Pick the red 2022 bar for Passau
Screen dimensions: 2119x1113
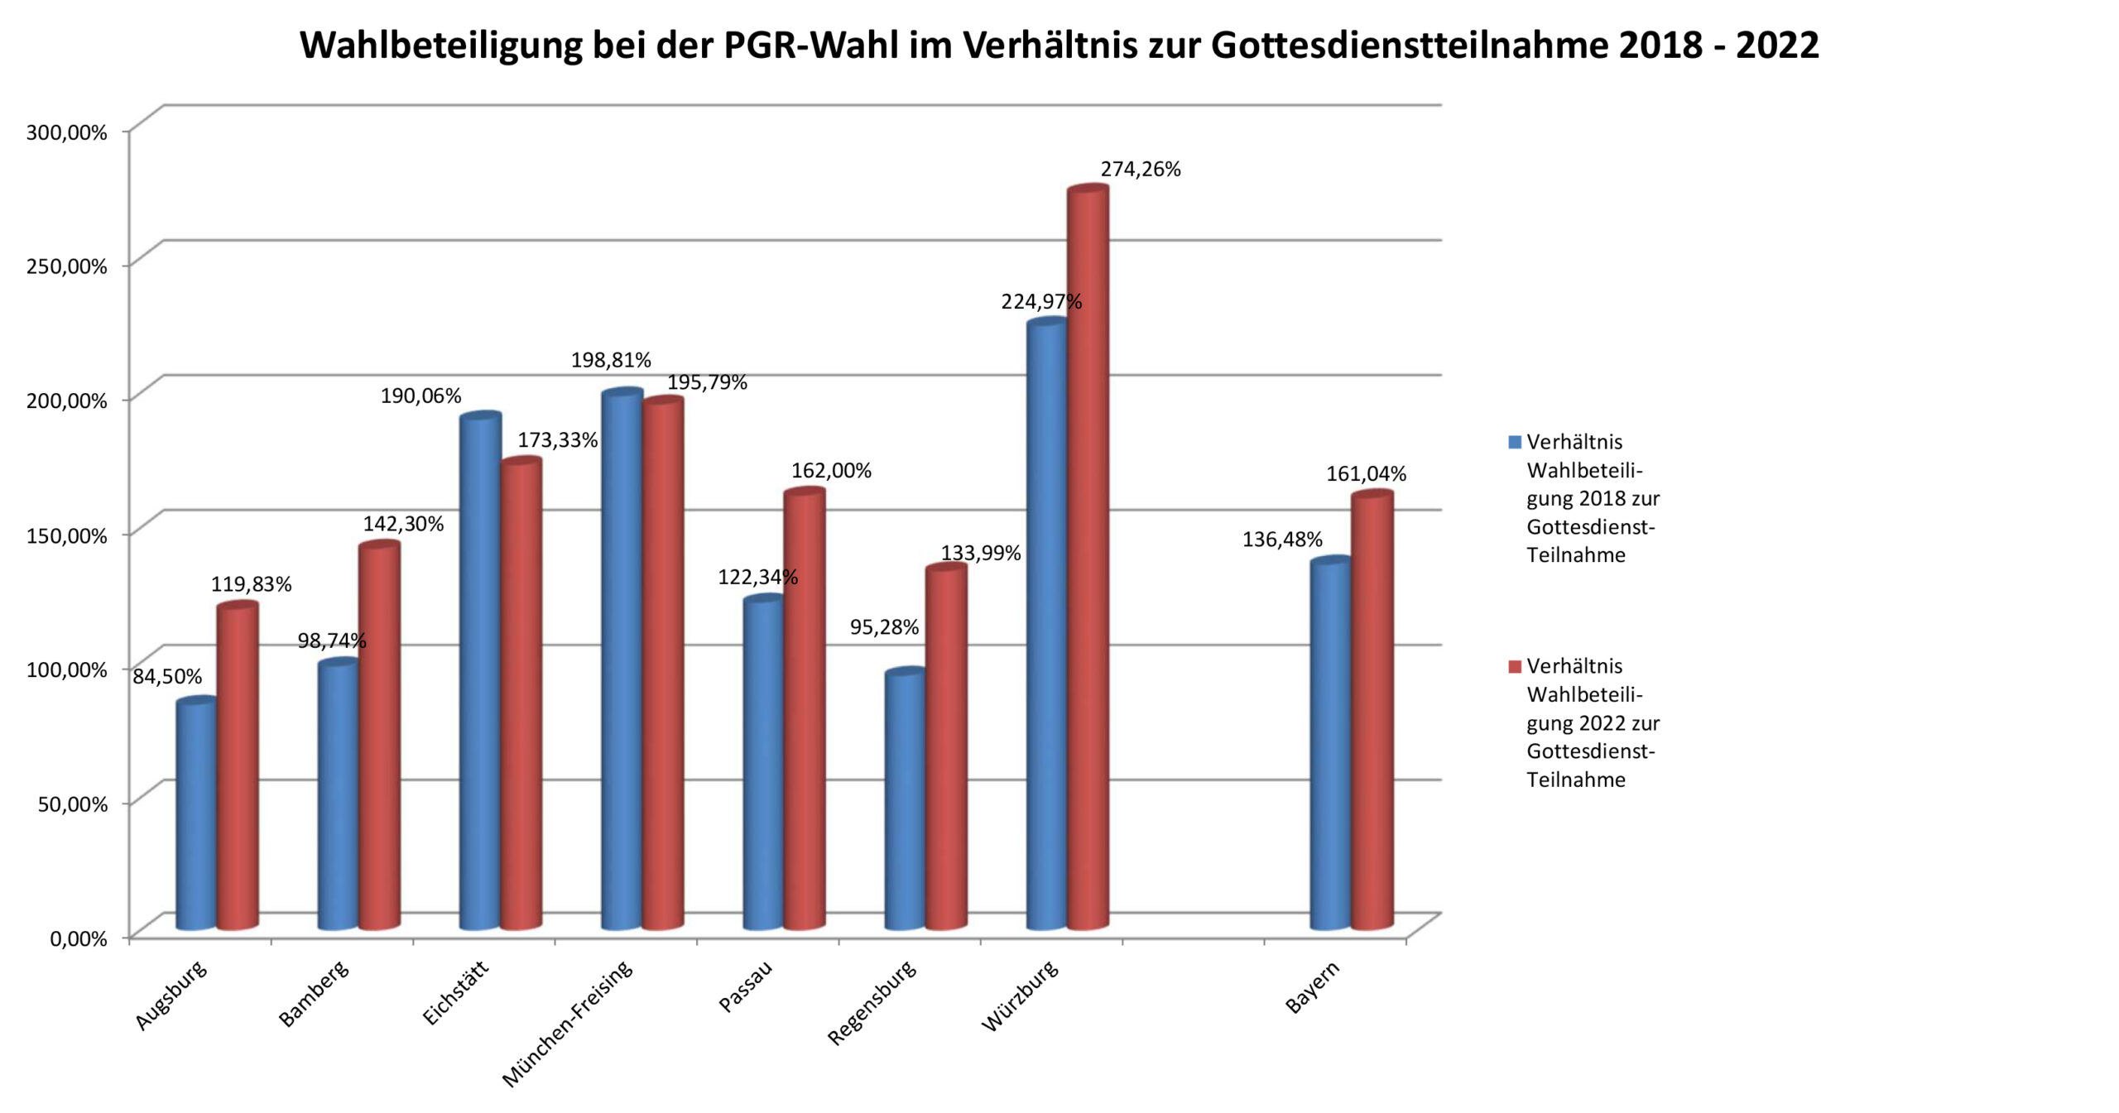(805, 708)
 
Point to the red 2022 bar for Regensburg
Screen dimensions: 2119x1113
(946, 746)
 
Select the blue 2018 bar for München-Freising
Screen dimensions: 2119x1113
(622, 659)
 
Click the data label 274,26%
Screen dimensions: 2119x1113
(1140, 169)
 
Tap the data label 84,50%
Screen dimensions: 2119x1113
(167, 676)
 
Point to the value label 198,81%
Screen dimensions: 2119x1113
(611, 360)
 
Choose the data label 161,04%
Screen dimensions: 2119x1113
(1366, 473)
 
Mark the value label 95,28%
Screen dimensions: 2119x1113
(884, 627)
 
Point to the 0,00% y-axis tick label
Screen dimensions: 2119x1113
(79, 938)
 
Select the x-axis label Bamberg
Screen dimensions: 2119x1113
(314, 993)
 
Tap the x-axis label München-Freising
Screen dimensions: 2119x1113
(567, 1023)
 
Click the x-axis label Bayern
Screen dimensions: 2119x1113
(1312, 987)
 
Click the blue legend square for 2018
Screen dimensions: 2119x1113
(1515, 442)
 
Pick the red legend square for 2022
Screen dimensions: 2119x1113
(1515, 666)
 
